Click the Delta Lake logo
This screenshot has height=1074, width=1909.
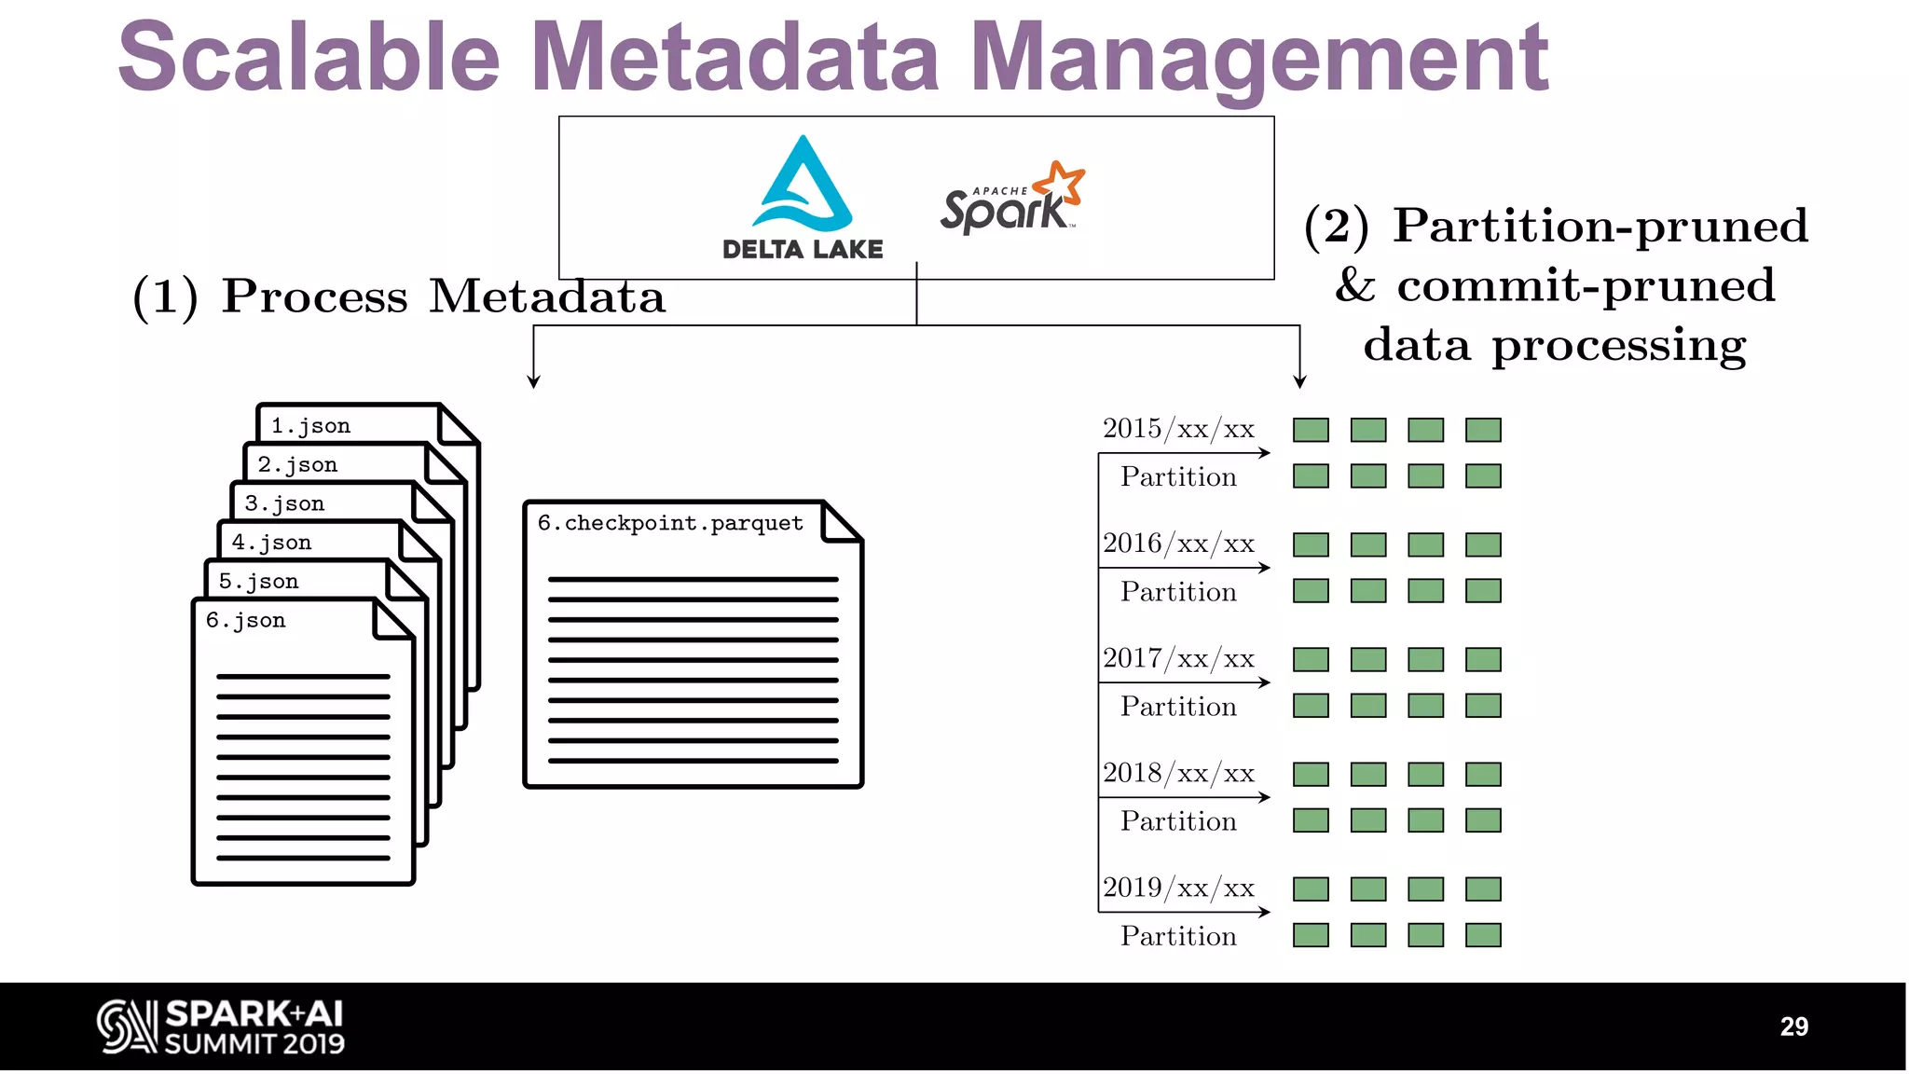pos(803,197)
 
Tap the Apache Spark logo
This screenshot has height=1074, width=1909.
pos(1012,199)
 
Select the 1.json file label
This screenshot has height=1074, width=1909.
pos(310,426)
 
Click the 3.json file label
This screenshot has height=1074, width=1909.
pos(284,503)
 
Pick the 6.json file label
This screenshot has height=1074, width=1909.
pos(245,620)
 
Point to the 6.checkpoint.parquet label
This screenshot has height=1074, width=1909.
pos(669,523)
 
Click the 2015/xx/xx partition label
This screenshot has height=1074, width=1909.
pos(1178,429)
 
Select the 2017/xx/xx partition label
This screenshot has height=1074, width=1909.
pos(1178,658)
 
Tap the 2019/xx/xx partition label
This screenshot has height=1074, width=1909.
pos(1178,888)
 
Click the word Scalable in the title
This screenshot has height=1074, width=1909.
pos(309,58)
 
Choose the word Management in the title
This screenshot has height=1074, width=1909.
pos(1258,58)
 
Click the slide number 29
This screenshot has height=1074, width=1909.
pos(1793,1026)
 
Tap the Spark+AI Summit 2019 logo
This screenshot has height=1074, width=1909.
pos(221,1026)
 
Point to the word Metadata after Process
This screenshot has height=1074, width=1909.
pos(546,296)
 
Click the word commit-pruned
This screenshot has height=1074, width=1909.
pos(1586,285)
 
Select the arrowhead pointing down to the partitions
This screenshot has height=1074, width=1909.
pos(1299,381)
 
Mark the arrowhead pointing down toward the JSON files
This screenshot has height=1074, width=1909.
pos(533,381)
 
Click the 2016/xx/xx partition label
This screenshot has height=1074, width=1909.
pos(1178,544)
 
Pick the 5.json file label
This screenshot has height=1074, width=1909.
pos(258,582)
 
